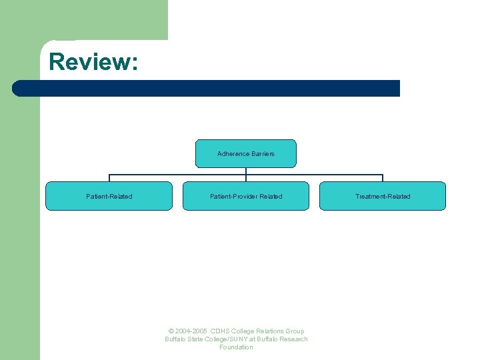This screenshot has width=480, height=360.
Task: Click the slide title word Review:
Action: pyautogui.click(x=93, y=62)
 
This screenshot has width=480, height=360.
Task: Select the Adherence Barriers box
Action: pyautogui.click(x=245, y=153)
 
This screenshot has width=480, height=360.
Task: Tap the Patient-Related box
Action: pyautogui.click(x=109, y=196)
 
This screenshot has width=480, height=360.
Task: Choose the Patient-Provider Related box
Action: pyautogui.click(x=246, y=196)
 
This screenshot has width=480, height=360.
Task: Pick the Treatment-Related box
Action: pyautogui.click(x=383, y=196)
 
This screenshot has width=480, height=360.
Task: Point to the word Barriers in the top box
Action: pyautogui.click(x=263, y=154)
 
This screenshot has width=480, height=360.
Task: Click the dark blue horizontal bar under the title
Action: pyautogui.click(x=207, y=88)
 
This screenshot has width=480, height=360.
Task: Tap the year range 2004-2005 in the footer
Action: pyautogui.click(x=191, y=331)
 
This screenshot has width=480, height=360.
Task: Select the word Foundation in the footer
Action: pyautogui.click(x=236, y=347)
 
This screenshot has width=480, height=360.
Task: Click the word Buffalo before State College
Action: pyautogui.click(x=176, y=339)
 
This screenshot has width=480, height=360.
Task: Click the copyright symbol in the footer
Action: pyautogui.click(x=171, y=331)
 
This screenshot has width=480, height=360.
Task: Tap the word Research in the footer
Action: pyautogui.click(x=294, y=339)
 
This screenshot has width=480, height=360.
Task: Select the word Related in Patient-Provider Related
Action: pyautogui.click(x=271, y=196)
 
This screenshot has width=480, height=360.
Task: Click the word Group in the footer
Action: pyautogui.click(x=294, y=331)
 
